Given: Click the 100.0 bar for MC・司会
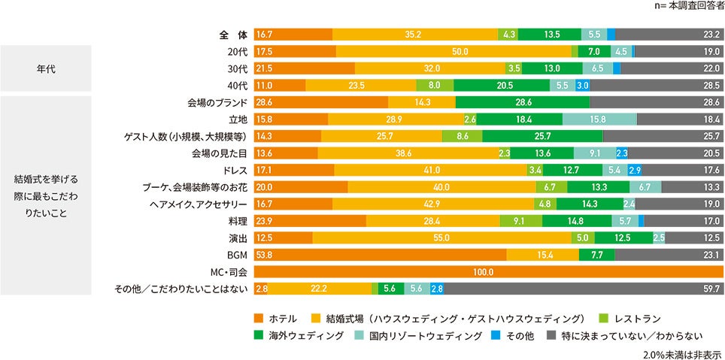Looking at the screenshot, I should (x=489, y=271).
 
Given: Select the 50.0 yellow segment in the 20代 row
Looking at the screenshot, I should (x=454, y=52).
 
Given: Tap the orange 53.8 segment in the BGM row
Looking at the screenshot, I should (x=381, y=255).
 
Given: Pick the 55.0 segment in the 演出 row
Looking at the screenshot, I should (x=441, y=237).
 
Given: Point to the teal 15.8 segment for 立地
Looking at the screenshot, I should (x=599, y=119).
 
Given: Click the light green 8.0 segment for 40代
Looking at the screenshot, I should (x=433, y=86).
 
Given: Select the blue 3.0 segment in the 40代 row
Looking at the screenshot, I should (x=582, y=86).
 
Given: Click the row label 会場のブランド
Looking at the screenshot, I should (x=217, y=102).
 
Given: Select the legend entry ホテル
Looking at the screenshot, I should (x=278, y=318).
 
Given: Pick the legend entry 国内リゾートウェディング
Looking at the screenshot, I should (x=421, y=336).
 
